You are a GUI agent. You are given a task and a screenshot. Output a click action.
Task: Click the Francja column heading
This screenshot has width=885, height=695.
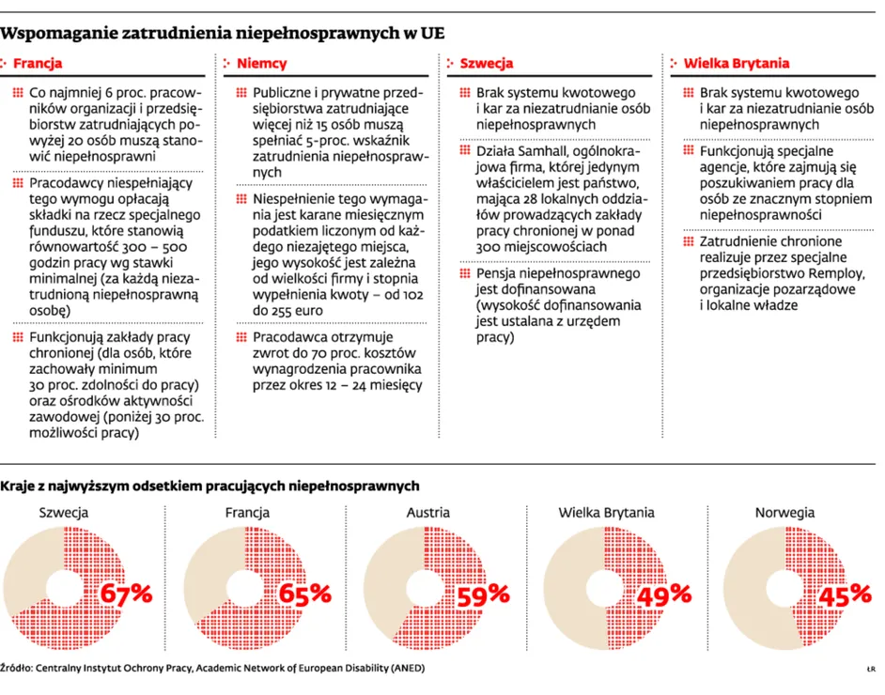(38, 64)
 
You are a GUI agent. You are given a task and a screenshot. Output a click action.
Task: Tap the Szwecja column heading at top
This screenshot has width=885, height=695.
(486, 64)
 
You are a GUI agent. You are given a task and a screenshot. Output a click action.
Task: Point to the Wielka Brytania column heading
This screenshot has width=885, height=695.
(737, 64)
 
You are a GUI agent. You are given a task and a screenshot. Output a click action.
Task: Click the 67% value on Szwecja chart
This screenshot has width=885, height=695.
(126, 594)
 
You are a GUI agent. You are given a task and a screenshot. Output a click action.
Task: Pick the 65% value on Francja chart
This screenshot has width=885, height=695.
(305, 594)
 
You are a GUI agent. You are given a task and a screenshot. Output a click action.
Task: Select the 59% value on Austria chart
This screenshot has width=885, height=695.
(483, 594)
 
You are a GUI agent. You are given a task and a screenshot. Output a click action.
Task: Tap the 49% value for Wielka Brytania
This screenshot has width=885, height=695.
(664, 594)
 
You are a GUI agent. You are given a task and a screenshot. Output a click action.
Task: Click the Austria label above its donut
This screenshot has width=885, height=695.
(427, 513)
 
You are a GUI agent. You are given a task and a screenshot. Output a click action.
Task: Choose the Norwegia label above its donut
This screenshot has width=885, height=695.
(784, 513)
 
